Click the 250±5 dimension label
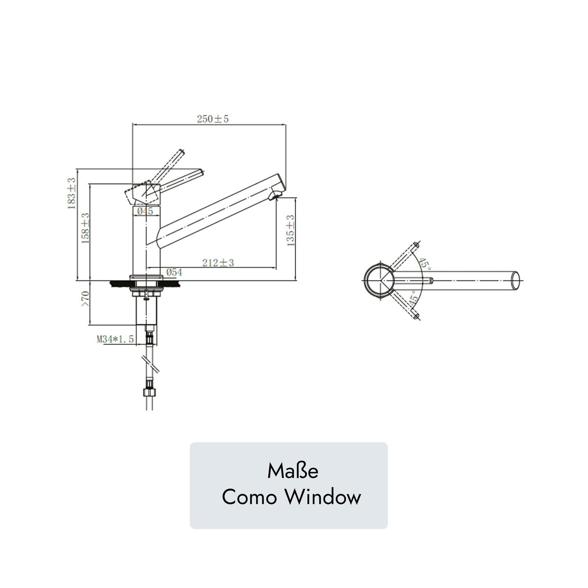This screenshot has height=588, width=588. point(212,119)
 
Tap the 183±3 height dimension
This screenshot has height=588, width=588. point(71,193)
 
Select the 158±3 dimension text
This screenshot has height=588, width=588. point(85,228)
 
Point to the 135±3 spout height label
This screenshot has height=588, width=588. point(290,231)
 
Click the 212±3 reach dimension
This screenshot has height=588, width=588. point(218,263)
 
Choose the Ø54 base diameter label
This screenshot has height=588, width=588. point(174,272)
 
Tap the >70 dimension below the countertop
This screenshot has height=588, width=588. point(85,299)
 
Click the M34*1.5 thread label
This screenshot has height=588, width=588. point(115,339)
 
